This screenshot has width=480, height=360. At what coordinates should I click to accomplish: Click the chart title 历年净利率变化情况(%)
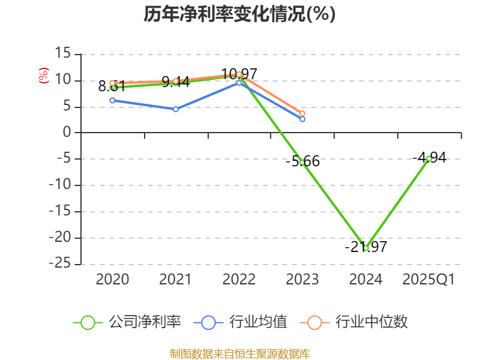[239, 14]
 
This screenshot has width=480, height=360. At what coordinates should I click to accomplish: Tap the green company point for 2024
[366, 248]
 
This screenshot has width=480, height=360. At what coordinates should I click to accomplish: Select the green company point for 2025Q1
[429, 158]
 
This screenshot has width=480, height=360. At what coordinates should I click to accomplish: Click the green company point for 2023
[302, 163]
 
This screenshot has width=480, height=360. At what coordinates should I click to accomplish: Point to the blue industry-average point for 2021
[176, 109]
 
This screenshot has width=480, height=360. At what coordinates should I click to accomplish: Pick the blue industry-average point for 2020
[112, 100]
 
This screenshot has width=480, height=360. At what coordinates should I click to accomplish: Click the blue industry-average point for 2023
[302, 119]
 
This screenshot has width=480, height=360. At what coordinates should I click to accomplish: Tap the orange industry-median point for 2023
[302, 113]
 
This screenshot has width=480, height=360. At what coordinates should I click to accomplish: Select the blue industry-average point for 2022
[239, 83]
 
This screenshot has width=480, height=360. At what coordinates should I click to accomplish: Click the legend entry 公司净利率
[127, 322]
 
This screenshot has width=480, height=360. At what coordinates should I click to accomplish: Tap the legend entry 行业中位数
[358, 322]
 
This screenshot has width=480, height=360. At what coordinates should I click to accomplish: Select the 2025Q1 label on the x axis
[429, 280]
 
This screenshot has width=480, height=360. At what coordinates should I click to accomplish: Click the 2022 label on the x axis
[239, 280]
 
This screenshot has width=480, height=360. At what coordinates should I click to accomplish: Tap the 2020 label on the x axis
[112, 280]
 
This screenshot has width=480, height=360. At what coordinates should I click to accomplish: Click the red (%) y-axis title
[43, 76]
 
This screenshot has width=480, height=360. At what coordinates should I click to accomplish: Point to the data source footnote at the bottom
[239, 353]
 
